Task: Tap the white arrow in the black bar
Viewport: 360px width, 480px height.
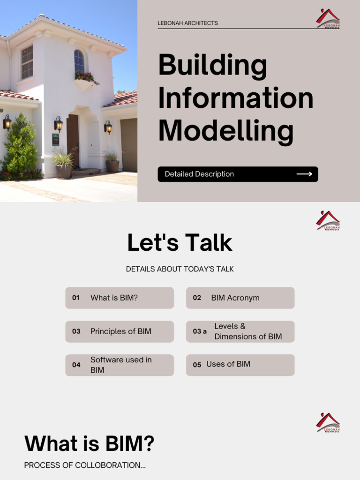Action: click(304, 174)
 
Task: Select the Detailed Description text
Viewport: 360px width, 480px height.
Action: click(199, 174)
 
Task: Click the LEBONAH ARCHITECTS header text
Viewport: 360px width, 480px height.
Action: click(187, 23)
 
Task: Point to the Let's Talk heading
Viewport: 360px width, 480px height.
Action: click(180, 243)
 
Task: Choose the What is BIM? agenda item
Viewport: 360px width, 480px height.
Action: click(114, 298)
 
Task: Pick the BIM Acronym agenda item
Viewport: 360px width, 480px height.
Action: click(235, 298)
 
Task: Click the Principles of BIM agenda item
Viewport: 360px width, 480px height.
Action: click(120, 331)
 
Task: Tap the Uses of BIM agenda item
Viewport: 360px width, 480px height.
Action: click(228, 364)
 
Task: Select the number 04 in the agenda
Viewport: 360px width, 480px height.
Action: click(76, 365)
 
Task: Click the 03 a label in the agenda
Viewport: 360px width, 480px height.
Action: click(200, 331)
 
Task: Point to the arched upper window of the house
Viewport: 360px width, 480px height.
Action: click(79, 60)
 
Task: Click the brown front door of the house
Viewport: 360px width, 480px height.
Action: click(73, 141)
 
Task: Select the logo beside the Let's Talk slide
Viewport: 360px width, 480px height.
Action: click(328, 220)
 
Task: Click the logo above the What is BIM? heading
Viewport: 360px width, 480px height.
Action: click(328, 422)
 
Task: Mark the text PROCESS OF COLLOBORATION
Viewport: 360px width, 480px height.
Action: click(85, 465)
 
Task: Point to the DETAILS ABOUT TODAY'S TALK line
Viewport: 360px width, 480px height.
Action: click(180, 269)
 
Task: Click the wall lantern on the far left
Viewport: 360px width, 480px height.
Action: click(7, 123)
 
